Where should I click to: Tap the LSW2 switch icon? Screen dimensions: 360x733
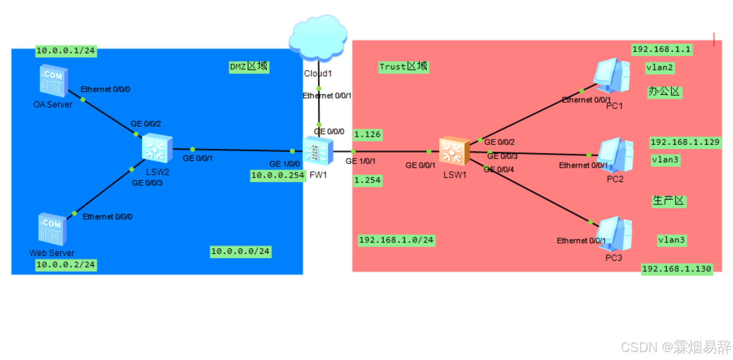tap(156, 147)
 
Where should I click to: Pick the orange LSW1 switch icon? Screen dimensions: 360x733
tap(454, 151)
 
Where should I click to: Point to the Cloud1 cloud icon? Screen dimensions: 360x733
tap(318, 38)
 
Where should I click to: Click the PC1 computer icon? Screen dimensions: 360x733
tap(612, 75)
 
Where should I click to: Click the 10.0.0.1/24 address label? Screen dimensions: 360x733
tap(66, 51)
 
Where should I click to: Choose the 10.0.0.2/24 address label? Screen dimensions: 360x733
tap(66, 265)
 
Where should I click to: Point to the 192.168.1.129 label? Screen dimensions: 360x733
tap(685, 142)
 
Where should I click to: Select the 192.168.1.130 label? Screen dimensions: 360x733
tap(677, 268)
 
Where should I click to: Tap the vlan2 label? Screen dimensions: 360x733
tap(660, 68)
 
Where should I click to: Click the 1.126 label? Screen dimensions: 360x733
tap(368, 135)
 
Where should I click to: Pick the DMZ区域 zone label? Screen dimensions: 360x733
tap(248, 67)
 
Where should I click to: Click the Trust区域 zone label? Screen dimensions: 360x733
tap(403, 67)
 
